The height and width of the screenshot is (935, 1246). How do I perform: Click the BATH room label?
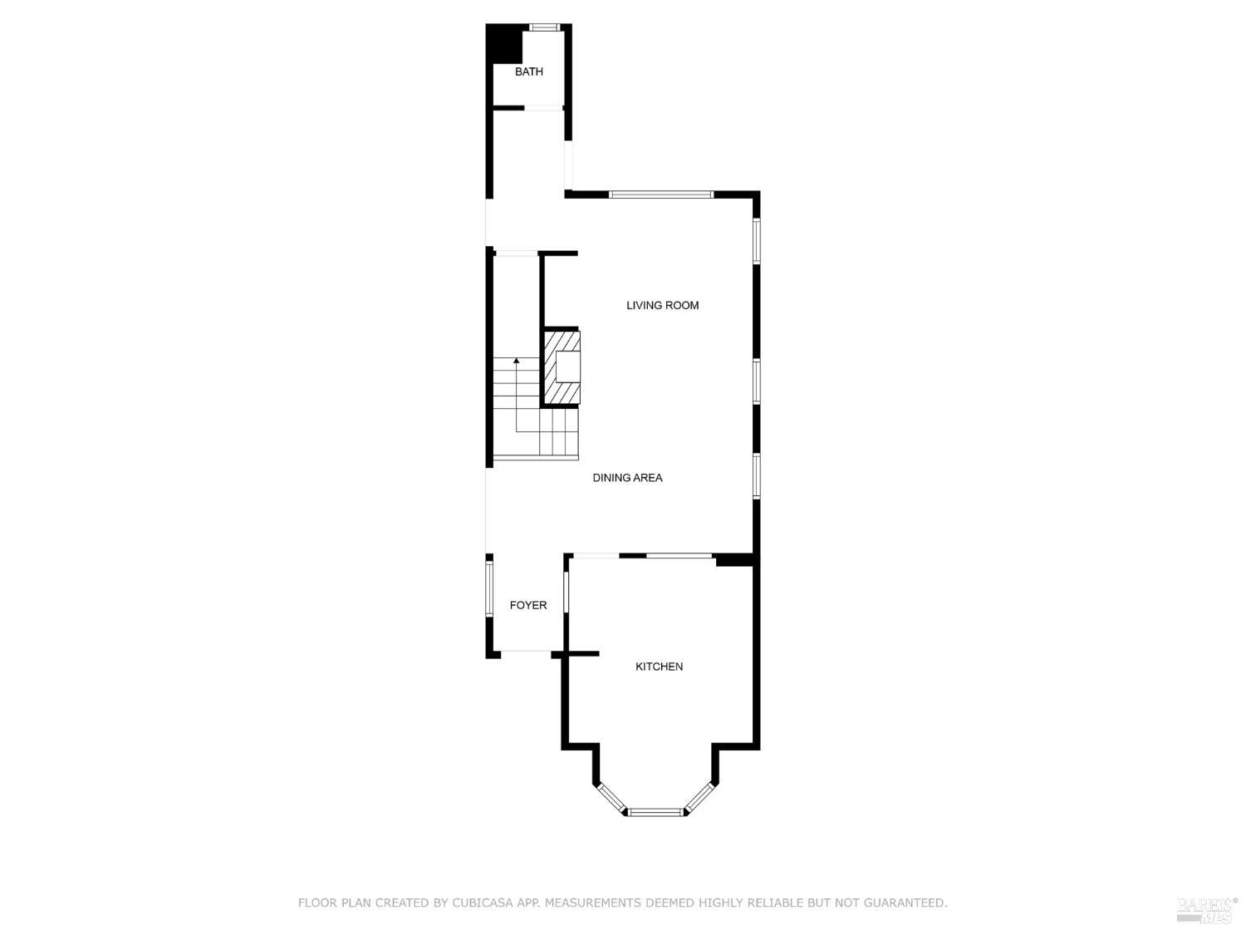tap(528, 71)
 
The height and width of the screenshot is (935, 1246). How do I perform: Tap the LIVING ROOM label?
tap(662, 305)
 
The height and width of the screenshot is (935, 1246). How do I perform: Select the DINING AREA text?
tap(627, 478)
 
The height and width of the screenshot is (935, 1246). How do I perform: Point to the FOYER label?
tap(528, 605)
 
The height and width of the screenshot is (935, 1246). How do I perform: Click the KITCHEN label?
tap(659, 667)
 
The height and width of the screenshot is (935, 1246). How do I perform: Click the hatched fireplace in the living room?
tap(562, 367)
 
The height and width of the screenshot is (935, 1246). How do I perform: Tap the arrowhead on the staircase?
tap(516, 361)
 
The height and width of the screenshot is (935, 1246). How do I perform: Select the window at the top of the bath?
tap(544, 27)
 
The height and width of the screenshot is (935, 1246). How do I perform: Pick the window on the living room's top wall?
tap(661, 194)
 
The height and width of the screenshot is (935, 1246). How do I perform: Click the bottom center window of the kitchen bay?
tap(656, 812)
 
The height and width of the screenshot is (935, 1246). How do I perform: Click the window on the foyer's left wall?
tap(488, 588)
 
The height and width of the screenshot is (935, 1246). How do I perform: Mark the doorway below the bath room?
tap(543, 107)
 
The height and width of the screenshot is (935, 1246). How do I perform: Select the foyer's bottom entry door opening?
tap(526, 654)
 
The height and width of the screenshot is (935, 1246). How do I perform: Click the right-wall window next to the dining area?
tap(756, 475)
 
